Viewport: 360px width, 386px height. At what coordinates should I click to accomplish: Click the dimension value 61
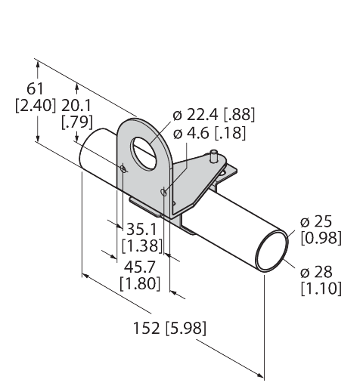[x=35, y=89]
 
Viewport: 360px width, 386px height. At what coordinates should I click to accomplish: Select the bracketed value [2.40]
[x=35, y=105]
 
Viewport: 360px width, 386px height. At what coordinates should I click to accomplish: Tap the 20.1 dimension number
[x=76, y=105]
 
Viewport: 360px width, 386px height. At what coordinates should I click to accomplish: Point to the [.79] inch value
[x=77, y=122]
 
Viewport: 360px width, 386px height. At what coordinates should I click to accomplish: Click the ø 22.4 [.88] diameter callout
[x=214, y=115]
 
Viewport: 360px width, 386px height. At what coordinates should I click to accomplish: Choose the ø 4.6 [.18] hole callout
[x=209, y=133]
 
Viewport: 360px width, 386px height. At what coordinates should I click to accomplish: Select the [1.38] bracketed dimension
[x=142, y=245]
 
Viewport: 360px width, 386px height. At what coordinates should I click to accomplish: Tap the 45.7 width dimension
[x=139, y=267]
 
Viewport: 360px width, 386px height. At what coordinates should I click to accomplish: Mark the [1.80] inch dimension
[x=140, y=283]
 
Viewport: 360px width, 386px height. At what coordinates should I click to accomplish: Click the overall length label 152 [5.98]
[x=169, y=328]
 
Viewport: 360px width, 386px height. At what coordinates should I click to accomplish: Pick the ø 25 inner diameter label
[x=316, y=222]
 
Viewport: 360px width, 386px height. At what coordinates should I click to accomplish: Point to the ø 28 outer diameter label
[x=316, y=272]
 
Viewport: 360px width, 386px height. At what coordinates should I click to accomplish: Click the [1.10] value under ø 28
[x=321, y=289]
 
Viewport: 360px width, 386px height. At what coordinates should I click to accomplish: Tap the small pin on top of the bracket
[x=214, y=156]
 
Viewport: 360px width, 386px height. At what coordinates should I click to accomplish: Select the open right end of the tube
[x=272, y=252]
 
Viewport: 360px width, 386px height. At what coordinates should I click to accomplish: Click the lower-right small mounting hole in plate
[x=164, y=193]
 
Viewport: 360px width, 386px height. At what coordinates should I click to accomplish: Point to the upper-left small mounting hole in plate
[x=123, y=168]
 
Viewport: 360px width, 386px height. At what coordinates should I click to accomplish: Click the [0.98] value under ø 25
[x=321, y=238]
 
